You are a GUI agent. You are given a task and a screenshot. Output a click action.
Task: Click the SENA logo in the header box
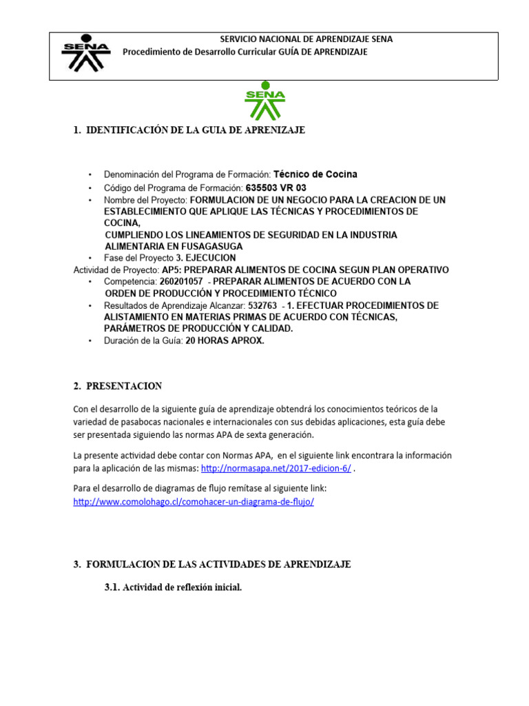point(85,54)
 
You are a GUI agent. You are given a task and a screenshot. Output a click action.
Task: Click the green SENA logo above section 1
point(264,101)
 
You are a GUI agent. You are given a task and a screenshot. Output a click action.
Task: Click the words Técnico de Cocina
point(315,174)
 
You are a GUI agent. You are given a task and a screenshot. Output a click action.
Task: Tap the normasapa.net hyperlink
point(276,468)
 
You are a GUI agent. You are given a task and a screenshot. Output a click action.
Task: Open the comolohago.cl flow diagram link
point(194,502)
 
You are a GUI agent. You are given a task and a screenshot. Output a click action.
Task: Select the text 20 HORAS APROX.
point(224,341)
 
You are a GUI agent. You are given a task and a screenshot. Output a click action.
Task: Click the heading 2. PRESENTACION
point(118,386)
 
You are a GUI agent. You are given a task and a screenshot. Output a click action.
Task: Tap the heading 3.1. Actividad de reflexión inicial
point(172,587)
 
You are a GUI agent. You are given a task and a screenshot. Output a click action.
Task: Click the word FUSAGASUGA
point(210,246)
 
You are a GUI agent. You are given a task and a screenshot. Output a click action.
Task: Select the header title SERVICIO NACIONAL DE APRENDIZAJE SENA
point(306,39)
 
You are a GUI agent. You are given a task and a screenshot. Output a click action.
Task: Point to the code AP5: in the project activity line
point(171,270)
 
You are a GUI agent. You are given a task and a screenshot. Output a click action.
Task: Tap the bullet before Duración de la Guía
point(90,341)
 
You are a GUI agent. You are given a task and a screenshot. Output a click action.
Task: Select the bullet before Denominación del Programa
point(90,175)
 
